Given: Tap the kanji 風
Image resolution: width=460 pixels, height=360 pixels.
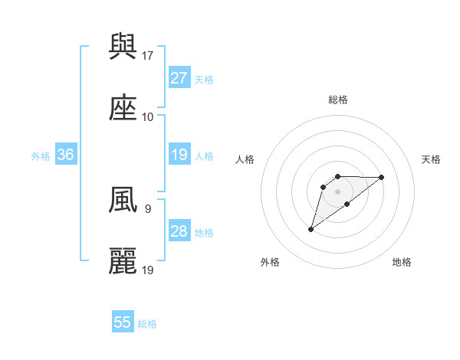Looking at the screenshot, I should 123,201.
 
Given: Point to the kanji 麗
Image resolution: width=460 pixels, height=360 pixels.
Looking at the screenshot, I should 123,262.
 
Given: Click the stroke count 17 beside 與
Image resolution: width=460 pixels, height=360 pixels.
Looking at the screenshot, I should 149,56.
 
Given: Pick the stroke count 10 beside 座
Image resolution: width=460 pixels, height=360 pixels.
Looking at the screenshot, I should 148,117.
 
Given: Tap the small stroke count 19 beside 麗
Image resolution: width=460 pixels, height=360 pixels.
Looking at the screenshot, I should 149,270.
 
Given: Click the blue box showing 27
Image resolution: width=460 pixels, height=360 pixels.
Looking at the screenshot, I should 179,78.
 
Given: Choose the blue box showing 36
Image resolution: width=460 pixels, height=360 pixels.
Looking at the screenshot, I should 66,155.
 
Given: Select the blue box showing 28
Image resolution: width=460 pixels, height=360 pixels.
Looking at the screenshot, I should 179,231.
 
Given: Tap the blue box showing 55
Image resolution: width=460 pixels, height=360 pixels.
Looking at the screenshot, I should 123,322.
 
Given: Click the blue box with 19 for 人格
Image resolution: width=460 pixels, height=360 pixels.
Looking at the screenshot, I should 179,155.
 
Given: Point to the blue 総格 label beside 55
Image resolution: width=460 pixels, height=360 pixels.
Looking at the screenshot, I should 147,324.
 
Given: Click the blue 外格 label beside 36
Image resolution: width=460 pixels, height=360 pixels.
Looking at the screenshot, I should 41,156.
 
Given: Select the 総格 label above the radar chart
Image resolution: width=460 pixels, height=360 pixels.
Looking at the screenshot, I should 337,100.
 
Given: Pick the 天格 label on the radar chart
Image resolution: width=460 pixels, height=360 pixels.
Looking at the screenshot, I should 431,159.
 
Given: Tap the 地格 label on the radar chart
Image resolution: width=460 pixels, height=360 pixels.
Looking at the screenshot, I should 402,263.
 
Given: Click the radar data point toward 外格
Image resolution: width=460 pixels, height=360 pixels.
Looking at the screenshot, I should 311,228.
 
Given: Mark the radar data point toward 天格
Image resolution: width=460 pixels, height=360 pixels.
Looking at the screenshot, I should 382,177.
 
